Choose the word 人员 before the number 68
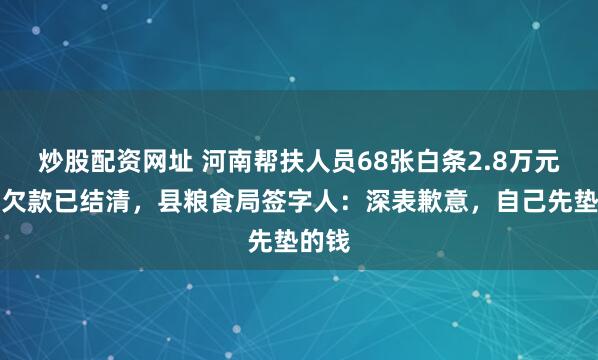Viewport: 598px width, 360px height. coord(314,159)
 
